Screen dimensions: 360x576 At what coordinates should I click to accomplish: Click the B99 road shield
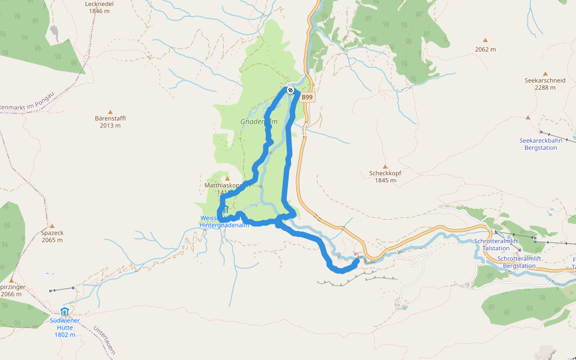[x=307, y=97]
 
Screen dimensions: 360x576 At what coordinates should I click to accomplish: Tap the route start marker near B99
[x=290, y=90]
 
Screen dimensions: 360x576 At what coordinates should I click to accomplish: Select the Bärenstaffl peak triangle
[x=110, y=112]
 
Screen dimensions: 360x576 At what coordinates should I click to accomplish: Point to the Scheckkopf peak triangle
[x=385, y=167]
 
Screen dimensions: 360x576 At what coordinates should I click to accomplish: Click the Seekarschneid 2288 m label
[x=545, y=83]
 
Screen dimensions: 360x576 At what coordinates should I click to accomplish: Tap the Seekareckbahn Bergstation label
[x=541, y=144]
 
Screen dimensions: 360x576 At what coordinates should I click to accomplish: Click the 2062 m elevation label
[x=485, y=49]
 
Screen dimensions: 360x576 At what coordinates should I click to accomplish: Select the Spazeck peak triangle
[x=52, y=226]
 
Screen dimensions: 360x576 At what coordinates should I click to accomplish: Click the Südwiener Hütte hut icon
[x=64, y=311]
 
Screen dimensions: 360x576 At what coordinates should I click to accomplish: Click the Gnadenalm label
[x=259, y=121]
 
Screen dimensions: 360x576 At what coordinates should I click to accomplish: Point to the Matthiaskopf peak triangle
[x=227, y=178]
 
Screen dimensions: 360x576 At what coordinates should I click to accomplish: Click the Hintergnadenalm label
[x=224, y=226]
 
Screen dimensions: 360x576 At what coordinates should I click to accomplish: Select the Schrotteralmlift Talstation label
[x=496, y=244]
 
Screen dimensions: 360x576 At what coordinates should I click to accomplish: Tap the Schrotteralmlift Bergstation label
[x=519, y=262]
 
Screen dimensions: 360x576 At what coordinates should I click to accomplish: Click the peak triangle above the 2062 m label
[x=485, y=40]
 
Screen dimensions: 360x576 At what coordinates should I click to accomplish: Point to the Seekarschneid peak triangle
[x=545, y=73]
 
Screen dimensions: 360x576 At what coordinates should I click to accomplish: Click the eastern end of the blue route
[x=358, y=260]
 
